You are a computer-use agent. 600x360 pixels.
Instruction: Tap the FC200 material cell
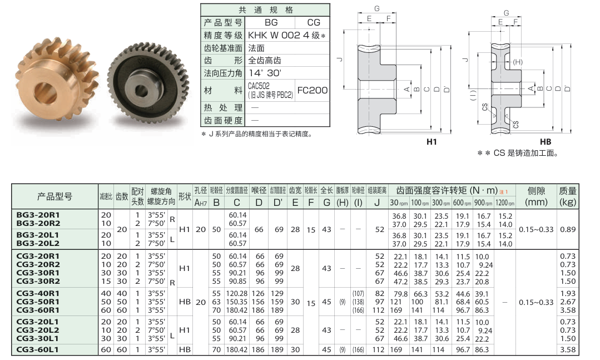[313, 90]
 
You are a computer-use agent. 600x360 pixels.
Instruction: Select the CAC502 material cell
[270, 90]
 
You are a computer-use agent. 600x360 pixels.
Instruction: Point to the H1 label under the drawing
[432, 142]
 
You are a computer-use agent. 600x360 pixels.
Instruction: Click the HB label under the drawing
[546, 142]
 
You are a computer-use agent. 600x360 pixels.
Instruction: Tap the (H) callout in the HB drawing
[517, 62]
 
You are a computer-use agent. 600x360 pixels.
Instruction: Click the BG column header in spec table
[271, 23]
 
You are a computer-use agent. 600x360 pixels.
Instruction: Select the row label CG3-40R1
[38, 293]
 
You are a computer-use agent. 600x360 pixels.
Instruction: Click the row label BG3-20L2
[38, 243]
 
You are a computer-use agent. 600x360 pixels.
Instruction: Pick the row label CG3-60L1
[38, 349]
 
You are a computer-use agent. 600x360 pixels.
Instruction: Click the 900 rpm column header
[483, 203]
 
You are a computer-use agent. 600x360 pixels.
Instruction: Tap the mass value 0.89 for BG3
[568, 229]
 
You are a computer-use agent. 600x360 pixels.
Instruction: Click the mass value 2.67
[568, 302]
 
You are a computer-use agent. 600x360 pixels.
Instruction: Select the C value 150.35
[237, 302]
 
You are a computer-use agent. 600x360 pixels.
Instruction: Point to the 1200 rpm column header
[505, 203]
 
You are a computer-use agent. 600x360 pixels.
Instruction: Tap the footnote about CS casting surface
[518, 153]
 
